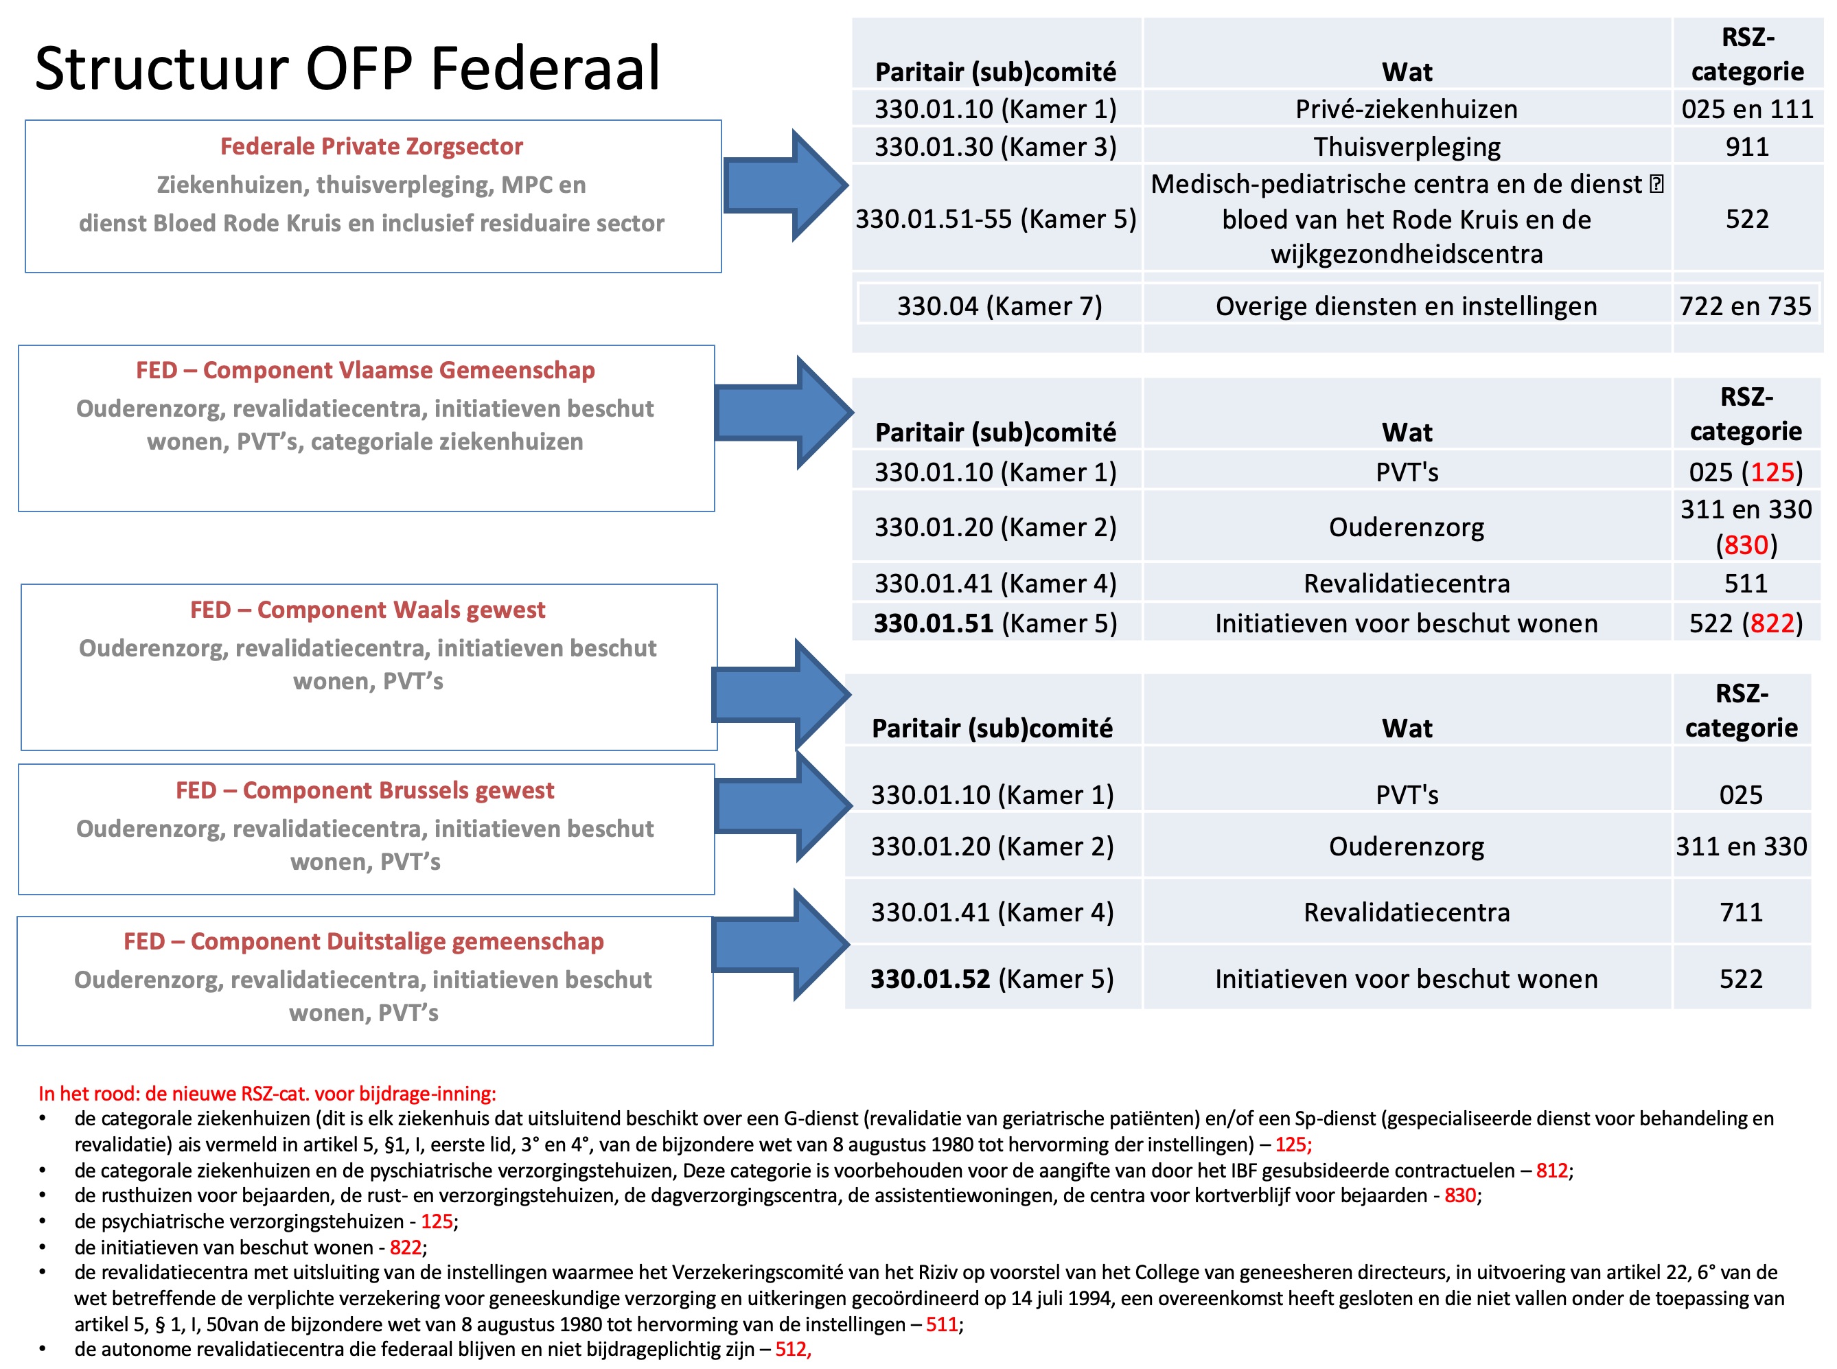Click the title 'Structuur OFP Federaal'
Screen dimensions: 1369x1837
coord(347,68)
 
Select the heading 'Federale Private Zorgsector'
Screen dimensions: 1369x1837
coord(371,147)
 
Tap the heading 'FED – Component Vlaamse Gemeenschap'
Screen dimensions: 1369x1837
coord(365,371)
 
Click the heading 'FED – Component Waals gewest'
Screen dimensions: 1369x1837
coord(368,610)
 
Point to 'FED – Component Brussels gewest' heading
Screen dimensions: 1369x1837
coord(365,790)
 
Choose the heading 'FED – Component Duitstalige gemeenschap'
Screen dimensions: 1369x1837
coord(364,941)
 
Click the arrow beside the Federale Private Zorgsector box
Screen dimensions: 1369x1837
coord(784,185)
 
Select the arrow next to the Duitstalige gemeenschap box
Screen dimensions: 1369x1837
coord(781,945)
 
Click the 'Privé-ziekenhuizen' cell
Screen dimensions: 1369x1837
coord(1406,109)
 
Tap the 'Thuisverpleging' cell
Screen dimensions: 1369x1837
coord(1406,147)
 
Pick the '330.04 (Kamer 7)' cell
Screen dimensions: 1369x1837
coord(1000,307)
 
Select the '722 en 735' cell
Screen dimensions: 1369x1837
coord(1745,307)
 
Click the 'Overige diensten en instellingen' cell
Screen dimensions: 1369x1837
coord(1406,307)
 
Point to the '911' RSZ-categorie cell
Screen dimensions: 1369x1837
coord(1746,147)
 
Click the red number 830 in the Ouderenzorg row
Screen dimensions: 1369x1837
coord(1746,545)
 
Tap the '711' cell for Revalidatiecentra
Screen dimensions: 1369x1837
coord(1741,912)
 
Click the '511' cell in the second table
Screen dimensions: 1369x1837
coord(1746,584)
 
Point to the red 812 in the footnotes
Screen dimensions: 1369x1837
coord(1552,1171)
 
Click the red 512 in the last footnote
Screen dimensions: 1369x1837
coord(792,1350)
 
